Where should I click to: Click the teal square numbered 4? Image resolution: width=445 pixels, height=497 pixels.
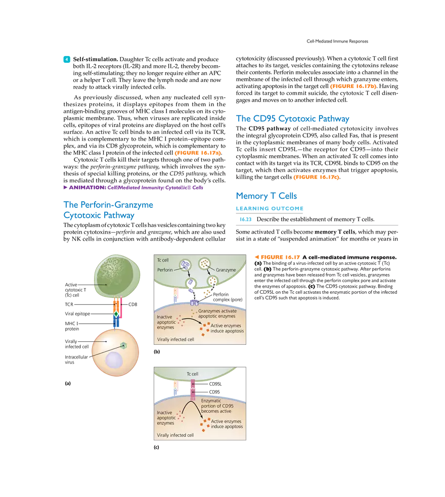(66, 59)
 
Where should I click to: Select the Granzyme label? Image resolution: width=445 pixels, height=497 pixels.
(226, 270)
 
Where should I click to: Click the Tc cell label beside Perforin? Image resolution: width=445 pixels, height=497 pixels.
(162, 260)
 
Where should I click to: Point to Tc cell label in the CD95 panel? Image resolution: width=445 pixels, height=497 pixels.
(192, 374)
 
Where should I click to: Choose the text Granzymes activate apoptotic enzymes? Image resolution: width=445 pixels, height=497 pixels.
(216, 313)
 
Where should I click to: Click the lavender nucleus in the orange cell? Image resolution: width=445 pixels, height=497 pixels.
(114, 361)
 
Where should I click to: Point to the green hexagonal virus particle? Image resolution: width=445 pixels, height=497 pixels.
(123, 345)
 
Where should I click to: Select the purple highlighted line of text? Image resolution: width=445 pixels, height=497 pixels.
(133, 188)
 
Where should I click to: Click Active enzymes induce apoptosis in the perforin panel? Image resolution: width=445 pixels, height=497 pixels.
(227, 328)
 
